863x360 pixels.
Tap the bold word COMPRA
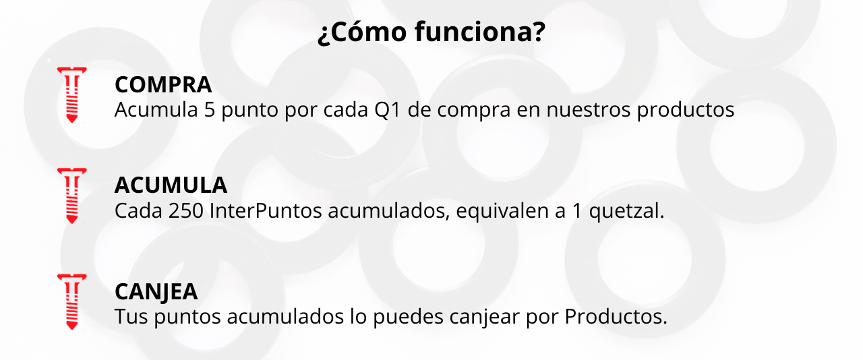coord(163,85)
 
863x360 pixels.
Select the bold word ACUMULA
coord(171,185)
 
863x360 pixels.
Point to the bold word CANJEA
coord(156,291)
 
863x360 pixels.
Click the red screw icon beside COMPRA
coord(71,94)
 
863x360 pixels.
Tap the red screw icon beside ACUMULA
coord(71,196)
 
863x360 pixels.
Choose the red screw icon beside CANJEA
coord(71,301)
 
